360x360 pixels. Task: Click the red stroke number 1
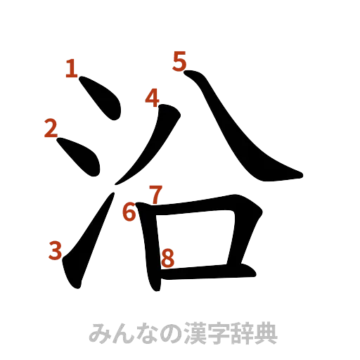[70, 68]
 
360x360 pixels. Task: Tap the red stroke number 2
[51, 129]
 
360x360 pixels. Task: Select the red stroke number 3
[54, 251]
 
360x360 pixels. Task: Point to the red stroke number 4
[153, 98]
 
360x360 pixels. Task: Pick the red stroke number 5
[180, 62]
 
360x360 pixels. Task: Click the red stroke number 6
[129, 210]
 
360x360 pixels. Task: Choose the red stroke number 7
[155, 193]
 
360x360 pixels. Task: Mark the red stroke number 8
[167, 258]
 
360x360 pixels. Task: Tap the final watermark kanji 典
[267, 333]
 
